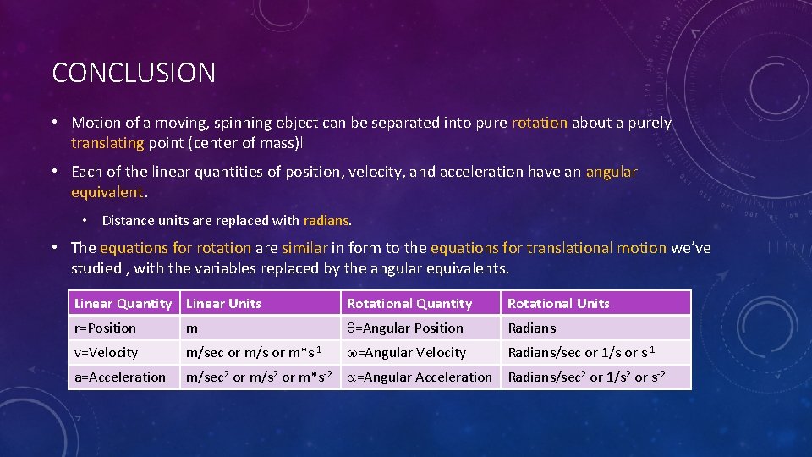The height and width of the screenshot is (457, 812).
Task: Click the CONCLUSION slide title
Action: pos(134,73)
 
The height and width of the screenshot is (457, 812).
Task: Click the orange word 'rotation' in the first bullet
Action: pos(540,123)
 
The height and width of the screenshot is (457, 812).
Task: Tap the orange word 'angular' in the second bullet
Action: pos(612,172)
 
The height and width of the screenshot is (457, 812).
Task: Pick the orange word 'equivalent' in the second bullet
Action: pos(108,192)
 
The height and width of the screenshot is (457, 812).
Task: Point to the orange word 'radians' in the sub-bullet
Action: pos(326,220)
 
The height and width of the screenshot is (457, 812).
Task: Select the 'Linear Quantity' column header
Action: pos(123,303)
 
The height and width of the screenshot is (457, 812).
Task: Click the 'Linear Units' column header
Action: pos(224,303)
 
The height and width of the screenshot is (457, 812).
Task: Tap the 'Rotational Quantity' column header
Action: pos(409,303)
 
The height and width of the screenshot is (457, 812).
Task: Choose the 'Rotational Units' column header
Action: pos(558,303)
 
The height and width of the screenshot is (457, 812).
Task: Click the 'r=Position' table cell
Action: pos(106,328)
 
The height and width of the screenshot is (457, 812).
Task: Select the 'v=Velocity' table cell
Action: pos(107,352)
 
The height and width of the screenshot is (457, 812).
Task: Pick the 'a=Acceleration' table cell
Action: pos(120,377)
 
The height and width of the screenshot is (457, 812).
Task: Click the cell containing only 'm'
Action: pos(192,328)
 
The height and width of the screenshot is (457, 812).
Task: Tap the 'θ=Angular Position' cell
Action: pos(405,328)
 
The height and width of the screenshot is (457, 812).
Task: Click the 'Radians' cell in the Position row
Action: pos(532,328)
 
